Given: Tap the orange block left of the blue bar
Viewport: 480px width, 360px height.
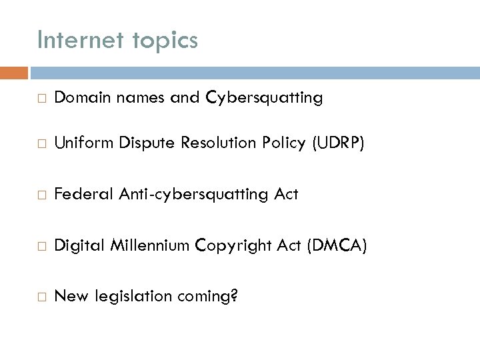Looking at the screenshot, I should [x=13, y=72].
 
